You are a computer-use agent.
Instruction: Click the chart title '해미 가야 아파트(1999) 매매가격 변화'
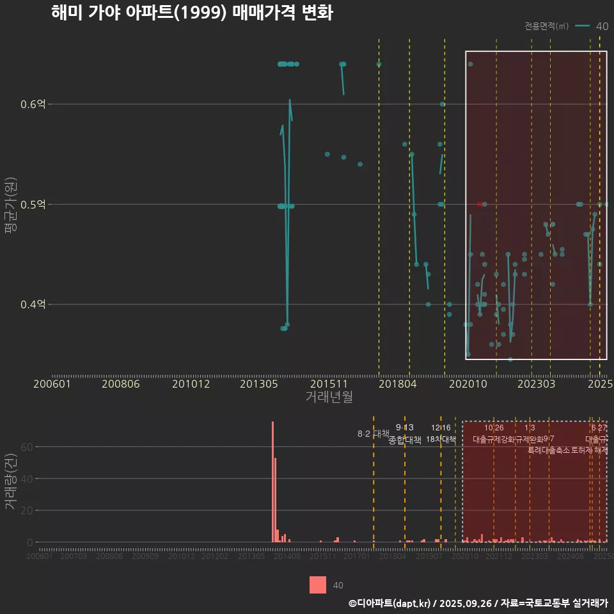pos(191,13)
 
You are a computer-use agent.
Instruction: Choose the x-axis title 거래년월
pos(329,397)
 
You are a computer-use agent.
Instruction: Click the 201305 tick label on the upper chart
pos(259,384)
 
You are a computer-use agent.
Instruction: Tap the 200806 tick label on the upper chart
pos(121,384)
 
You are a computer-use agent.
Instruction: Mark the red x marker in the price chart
pos(480,204)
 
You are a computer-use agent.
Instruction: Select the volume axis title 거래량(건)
pos(10,481)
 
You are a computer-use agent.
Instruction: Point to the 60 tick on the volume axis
pos(26,446)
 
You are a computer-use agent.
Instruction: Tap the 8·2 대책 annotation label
pos(373,434)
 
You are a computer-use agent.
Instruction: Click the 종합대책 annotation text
pos(405,440)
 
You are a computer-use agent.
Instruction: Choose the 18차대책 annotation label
pos(441,440)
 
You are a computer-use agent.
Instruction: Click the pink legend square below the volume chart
pos(318,585)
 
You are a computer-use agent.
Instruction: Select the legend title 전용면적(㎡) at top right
pos(546,26)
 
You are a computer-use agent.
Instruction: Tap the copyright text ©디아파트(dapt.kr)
pos(390,603)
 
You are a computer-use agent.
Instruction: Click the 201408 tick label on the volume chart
pos(287,557)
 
